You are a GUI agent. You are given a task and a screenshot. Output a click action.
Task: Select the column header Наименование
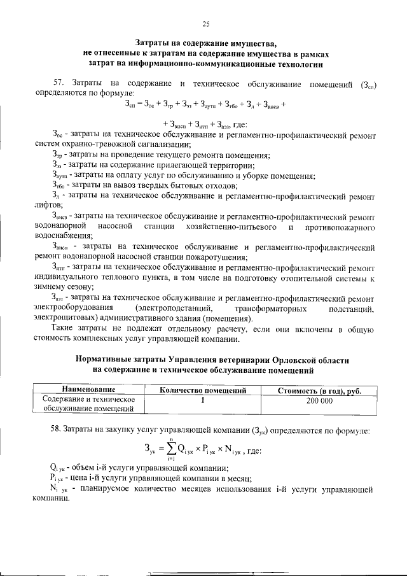coord(88,390)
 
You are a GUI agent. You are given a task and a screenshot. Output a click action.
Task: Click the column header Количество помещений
coord(202,390)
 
